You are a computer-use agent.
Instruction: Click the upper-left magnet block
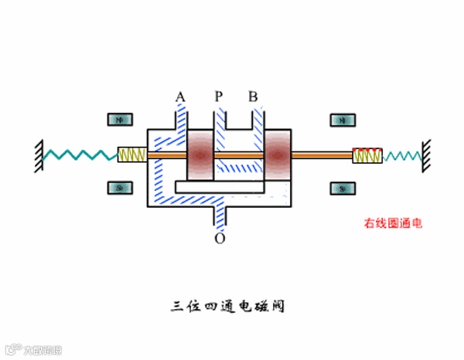coord(119,120)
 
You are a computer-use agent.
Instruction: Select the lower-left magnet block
coord(119,188)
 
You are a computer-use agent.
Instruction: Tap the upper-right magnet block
coord(342,120)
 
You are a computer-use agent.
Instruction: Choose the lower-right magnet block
coord(342,188)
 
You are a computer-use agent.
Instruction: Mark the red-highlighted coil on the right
coord(366,155)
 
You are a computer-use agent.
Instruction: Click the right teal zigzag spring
coord(401,155)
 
